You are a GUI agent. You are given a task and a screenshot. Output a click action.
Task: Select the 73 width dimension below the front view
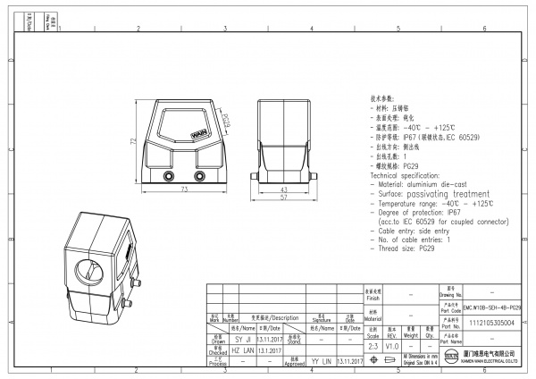point(185,191)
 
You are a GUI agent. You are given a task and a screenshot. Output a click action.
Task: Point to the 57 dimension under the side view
point(282,198)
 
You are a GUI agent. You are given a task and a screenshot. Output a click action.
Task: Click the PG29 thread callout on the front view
point(225,120)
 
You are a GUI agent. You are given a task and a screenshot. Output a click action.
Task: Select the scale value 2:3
point(372,345)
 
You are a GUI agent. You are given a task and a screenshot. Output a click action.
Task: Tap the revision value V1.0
point(391,345)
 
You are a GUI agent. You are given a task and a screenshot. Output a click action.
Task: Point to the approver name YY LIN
point(321,362)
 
